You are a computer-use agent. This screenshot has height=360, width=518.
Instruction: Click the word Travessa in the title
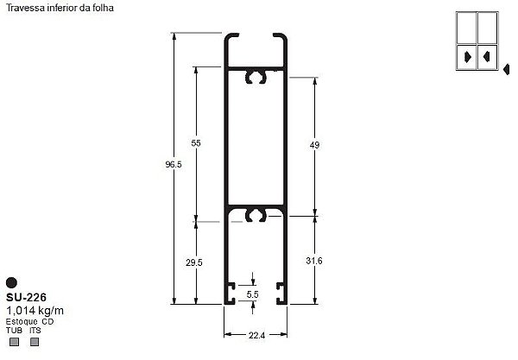pyautogui.click(x=23, y=7)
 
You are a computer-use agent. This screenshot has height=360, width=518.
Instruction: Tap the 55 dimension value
pyautogui.click(x=196, y=143)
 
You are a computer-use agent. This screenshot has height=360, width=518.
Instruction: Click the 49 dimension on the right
pyautogui.click(x=314, y=146)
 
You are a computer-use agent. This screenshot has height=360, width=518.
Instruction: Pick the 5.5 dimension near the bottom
pyautogui.click(x=253, y=294)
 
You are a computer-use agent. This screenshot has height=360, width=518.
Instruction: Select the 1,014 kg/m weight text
pyautogui.click(x=35, y=309)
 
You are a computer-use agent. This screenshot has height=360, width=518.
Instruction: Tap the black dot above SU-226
pyautogui.click(x=11, y=281)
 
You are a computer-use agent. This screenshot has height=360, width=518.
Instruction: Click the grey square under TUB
pyautogui.click(x=13, y=341)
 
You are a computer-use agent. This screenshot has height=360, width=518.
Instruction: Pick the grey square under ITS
pyautogui.click(x=35, y=341)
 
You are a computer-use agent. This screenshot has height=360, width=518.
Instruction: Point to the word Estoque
pyautogui.click(x=22, y=321)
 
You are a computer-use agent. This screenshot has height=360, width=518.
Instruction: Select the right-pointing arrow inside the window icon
pyautogui.click(x=467, y=57)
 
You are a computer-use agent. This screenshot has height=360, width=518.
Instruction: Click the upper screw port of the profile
pyautogui.click(x=255, y=78)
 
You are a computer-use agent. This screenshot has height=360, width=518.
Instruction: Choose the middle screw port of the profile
pyautogui.click(x=255, y=213)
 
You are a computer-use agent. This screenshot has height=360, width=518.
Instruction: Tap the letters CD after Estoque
pyautogui.click(x=48, y=321)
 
